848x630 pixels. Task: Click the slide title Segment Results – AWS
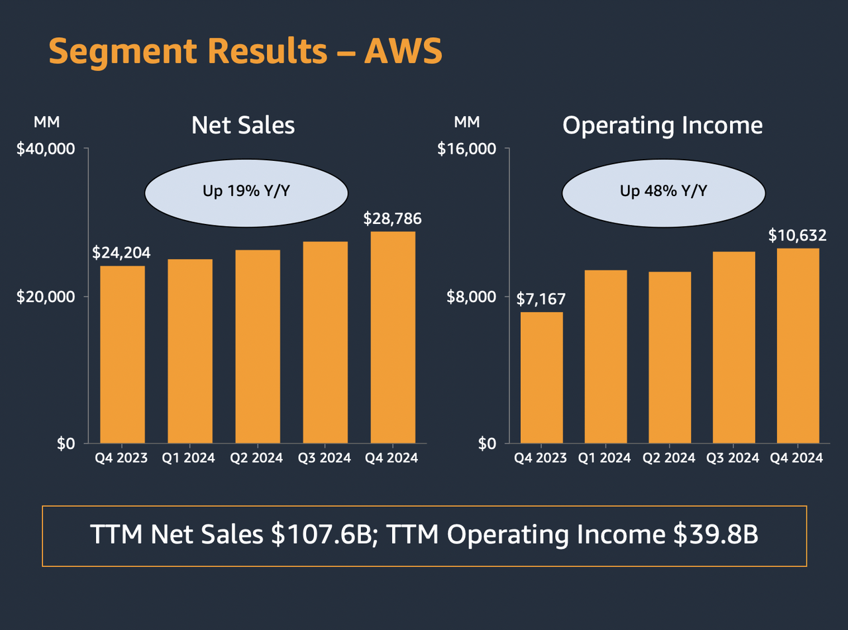tap(245, 50)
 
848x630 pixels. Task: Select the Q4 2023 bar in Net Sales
tap(122, 354)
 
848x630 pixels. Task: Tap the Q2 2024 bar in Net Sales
tap(258, 346)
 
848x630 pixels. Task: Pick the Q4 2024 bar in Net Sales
tap(393, 337)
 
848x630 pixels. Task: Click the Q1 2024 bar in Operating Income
tap(606, 356)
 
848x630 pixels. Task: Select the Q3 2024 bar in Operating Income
tap(733, 347)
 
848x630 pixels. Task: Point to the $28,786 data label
tap(392, 219)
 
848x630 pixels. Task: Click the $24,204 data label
tap(121, 252)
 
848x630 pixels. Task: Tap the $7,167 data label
tap(541, 298)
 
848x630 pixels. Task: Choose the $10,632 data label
tap(797, 235)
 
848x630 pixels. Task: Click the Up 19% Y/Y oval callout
tap(246, 192)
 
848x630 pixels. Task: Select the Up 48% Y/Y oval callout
tap(664, 192)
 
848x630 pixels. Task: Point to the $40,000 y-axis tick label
tap(46, 148)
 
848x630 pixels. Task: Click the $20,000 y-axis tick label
tap(46, 296)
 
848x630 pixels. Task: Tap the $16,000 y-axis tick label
tap(467, 148)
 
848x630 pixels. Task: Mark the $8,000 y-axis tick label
tap(471, 296)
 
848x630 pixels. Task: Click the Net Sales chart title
tap(243, 125)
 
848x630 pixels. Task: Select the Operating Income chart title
tap(662, 125)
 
